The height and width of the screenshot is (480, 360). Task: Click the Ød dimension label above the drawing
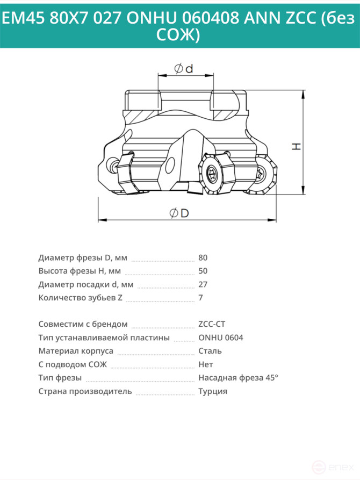(184, 69)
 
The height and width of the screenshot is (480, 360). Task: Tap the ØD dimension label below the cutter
(179, 213)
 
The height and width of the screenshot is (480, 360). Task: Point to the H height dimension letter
(296, 146)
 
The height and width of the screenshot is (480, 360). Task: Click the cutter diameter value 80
(203, 258)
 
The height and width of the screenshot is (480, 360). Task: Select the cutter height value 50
(203, 271)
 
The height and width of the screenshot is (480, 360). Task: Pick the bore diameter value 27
(203, 284)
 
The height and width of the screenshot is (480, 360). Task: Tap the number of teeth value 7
(200, 298)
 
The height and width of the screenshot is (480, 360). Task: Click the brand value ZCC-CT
(212, 324)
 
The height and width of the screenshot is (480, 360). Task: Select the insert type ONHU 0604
(221, 338)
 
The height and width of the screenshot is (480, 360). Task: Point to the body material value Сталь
(210, 351)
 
